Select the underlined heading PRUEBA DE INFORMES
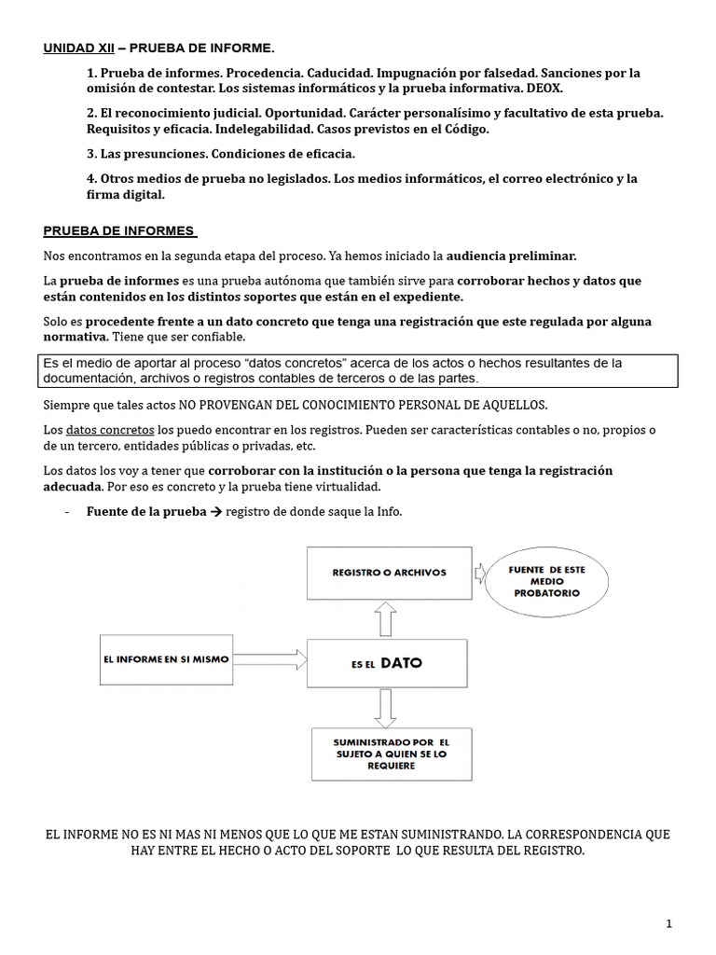pyautogui.click(x=118, y=230)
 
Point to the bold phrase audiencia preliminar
pyautogui.click(x=512, y=256)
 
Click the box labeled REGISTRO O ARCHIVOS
pyautogui.click(x=389, y=572)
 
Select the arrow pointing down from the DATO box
pyautogui.click(x=385, y=708)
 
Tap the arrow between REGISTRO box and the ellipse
pyautogui.click(x=479, y=572)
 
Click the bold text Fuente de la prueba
pyautogui.click(x=146, y=512)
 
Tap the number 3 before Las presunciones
pyautogui.click(x=91, y=153)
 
